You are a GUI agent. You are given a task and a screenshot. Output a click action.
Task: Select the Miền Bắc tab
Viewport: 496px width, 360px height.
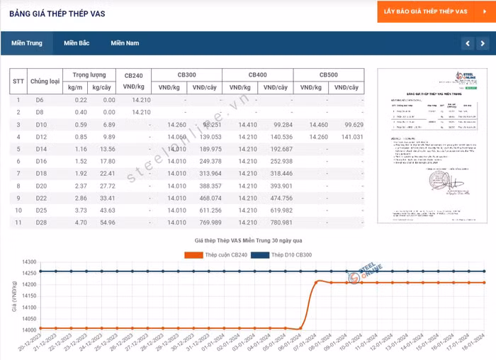pyautogui.click(x=76, y=43)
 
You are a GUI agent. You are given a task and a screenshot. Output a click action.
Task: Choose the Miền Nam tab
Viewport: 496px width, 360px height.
pyautogui.click(x=125, y=43)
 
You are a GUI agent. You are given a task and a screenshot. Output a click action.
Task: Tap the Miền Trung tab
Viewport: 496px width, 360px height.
pyautogui.click(x=26, y=43)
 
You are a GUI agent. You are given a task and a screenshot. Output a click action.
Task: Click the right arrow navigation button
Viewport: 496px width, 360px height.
pyautogui.click(x=483, y=44)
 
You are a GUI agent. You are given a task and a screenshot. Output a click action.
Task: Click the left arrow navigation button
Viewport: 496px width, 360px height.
pyautogui.click(x=467, y=44)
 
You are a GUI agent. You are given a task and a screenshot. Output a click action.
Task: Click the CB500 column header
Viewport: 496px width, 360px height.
pyautogui.click(x=328, y=74)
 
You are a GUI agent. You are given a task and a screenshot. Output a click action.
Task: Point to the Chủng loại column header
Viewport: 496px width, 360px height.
pyautogui.click(x=44, y=81)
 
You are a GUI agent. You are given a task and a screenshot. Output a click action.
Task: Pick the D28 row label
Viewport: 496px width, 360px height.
pyautogui.click(x=40, y=223)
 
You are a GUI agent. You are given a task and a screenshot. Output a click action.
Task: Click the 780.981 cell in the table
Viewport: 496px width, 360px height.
pyautogui.click(x=277, y=223)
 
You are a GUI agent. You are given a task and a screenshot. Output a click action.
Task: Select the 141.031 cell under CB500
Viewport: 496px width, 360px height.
pyautogui.click(x=348, y=137)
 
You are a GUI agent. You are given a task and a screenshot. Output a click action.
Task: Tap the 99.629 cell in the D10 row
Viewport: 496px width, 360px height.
pyautogui.click(x=348, y=125)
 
